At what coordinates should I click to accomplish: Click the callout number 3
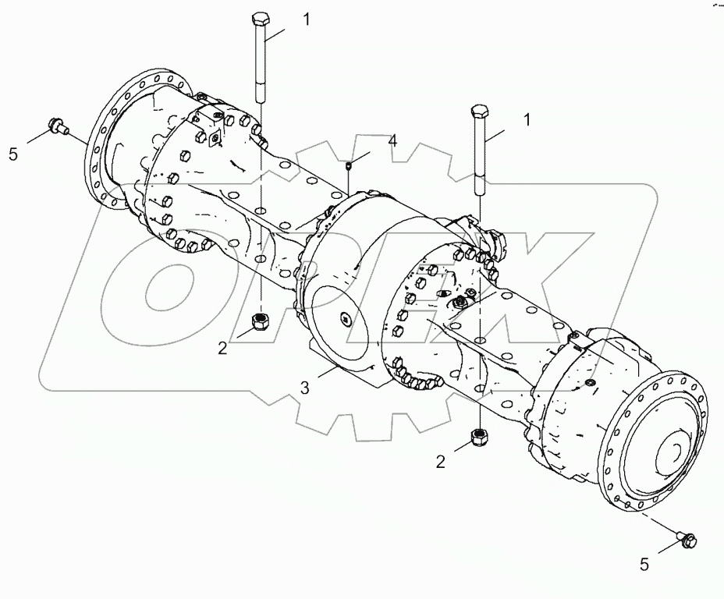tap(305, 388)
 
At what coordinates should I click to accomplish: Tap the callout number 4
tap(392, 141)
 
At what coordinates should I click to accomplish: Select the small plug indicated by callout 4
tap(350, 165)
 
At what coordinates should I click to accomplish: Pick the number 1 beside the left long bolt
tap(307, 19)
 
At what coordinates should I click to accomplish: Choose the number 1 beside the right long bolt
tap(527, 119)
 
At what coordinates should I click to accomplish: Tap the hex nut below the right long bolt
tap(479, 438)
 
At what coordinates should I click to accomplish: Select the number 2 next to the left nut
tap(222, 348)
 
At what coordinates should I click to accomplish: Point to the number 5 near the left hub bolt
tap(13, 154)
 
